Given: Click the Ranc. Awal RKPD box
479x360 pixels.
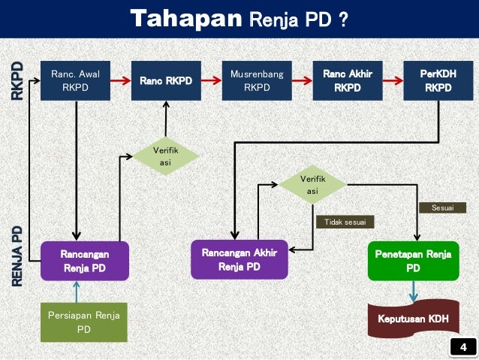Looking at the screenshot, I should click(x=75, y=80).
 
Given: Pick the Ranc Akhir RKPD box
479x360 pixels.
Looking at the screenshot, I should click(x=348, y=80).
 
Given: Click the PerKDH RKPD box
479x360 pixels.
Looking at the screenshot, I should click(x=438, y=80).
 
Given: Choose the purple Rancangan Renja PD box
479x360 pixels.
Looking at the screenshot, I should click(x=84, y=261).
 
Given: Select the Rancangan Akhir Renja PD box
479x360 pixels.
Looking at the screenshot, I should click(x=239, y=259).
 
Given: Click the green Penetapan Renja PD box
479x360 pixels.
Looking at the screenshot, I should click(x=413, y=261).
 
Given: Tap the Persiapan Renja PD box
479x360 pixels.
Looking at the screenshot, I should click(x=84, y=321).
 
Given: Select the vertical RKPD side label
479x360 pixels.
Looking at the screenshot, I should click(x=17, y=80).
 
